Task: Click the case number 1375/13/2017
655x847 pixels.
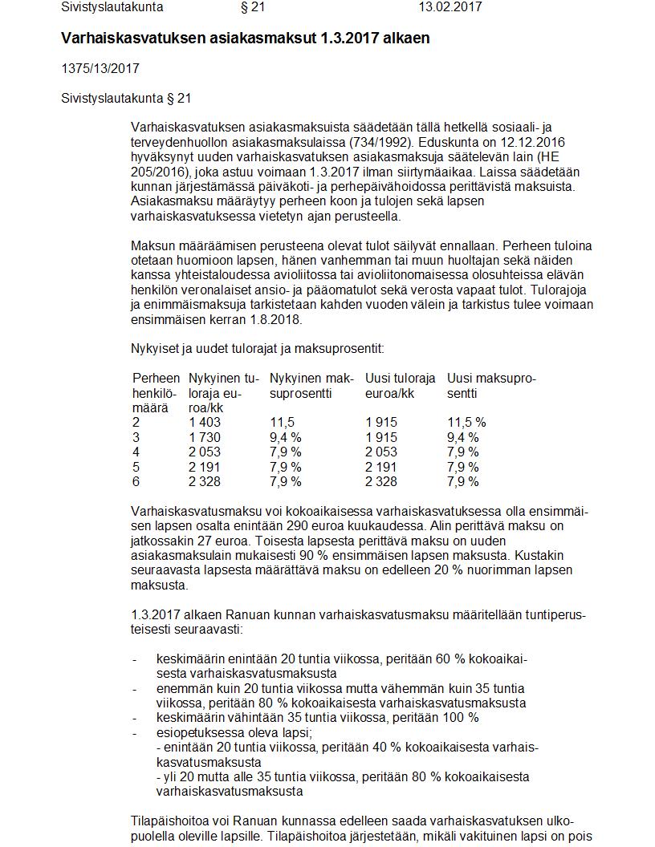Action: click(100, 68)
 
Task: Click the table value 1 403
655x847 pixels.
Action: click(205, 423)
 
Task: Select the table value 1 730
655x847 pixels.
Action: click(205, 437)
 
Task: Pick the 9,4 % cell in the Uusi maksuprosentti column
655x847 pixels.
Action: click(463, 437)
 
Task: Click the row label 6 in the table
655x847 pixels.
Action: click(136, 481)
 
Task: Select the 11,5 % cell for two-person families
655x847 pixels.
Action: click(466, 423)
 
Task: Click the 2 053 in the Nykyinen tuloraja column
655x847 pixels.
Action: click(205, 452)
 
